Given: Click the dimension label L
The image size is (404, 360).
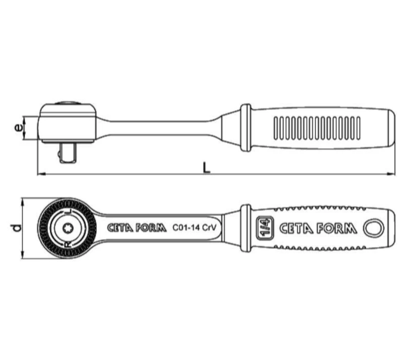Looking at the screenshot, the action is [x=206, y=167].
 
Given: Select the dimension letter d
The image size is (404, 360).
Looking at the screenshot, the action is [x=17, y=228].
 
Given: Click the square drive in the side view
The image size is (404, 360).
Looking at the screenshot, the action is [x=68, y=153].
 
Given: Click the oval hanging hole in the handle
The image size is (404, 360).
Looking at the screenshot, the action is [x=374, y=228].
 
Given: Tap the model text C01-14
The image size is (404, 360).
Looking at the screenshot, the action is [x=186, y=227].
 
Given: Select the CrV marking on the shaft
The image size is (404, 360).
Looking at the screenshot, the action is [x=209, y=227].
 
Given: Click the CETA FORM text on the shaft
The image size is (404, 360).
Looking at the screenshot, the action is [x=137, y=228].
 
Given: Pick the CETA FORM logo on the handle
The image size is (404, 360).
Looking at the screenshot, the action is [x=318, y=229].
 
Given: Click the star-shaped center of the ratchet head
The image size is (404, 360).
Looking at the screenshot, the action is [x=68, y=228].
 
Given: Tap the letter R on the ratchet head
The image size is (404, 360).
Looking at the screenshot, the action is [x=68, y=244].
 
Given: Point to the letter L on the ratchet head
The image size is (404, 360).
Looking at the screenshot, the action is [x=68, y=212].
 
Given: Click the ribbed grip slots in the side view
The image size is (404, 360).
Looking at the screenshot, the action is [x=317, y=128].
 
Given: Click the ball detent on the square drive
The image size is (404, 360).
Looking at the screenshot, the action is [x=59, y=154].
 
